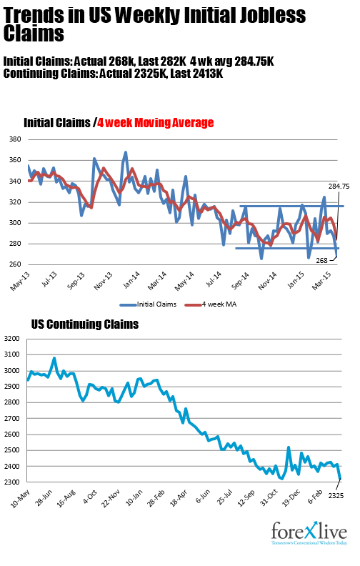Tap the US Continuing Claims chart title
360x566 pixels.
tap(85, 324)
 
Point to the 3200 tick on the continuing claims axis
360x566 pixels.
tap(14, 339)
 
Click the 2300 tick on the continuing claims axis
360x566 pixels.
tap(14, 482)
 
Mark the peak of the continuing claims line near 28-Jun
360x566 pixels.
tap(54, 358)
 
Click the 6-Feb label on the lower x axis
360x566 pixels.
tap(315, 497)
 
